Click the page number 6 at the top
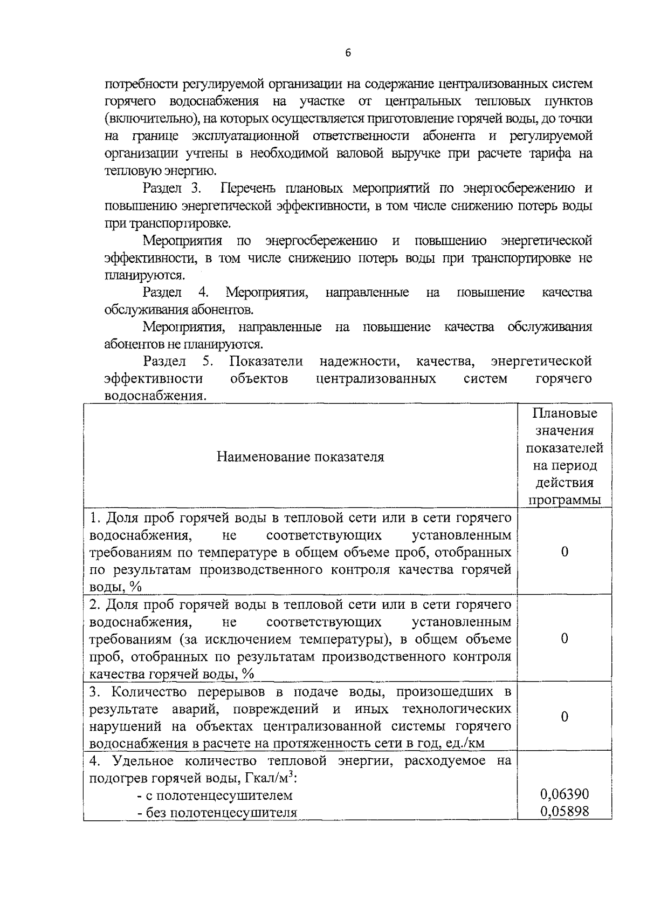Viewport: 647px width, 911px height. point(347,53)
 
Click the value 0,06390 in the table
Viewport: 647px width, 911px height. point(565,794)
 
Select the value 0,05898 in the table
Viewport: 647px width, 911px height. point(565,811)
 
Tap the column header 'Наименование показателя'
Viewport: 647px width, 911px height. point(300,457)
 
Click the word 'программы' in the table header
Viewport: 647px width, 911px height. point(565,499)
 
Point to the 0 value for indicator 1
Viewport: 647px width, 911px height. point(565,552)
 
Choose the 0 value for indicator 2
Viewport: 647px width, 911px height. point(565,638)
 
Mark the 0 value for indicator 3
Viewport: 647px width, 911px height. point(565,717)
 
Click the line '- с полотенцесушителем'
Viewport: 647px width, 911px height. point(215,795)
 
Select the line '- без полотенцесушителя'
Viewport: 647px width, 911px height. point(217,812)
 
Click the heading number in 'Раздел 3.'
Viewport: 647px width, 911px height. point(196,188)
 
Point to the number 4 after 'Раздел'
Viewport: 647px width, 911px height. point(203,293)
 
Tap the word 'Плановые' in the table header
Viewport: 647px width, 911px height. point(565,413)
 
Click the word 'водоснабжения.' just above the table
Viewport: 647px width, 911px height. point(155,396)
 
